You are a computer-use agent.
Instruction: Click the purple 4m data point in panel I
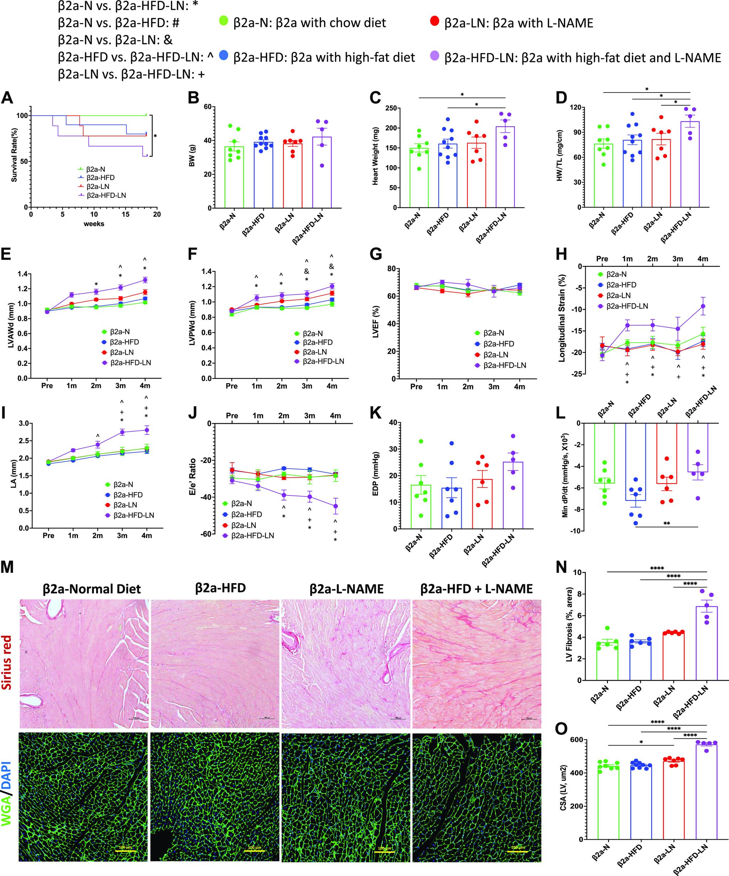[146, 430]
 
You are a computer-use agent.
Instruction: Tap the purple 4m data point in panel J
[335, 506]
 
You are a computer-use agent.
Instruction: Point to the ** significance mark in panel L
[666, 523]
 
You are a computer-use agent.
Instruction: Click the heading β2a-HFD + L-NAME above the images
[477, 589]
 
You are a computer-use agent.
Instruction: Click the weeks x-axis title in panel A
[94, 223]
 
